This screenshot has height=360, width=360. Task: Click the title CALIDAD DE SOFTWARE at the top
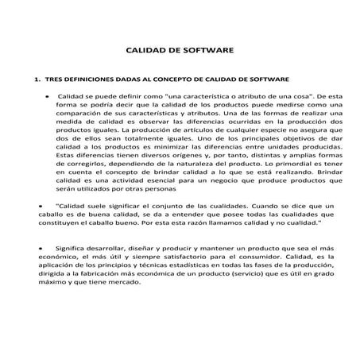(180, 49)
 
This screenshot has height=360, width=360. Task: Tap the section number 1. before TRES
(37, 80)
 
